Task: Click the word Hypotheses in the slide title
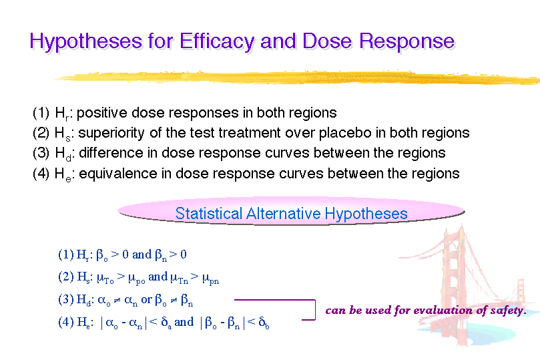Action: pyautogui.click(x=85, y=41)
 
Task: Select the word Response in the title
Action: pyautogui.click(x=407, y=42)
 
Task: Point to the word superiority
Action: pyautogui.click(x=111, y=133)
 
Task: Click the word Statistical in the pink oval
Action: pyautogui.click(x=209, y=214)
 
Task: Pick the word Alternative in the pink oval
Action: pyautogui.click(x=284, y=214)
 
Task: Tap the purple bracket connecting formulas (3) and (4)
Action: pyautogui.click(x=315, y=310)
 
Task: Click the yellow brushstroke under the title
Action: pyautogui.click(x=297, y=77)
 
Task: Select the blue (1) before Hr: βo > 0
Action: pyautogui.click(x=66, y=254)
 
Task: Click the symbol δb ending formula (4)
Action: pyautogui.click(x=264, y=323)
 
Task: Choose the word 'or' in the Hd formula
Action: pyautogui.click(x=146, y=300)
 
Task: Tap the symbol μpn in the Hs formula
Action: pyautogui.click(x=210, y=279)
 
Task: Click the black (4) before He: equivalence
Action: pyautogui.click(x=41, y=173)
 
